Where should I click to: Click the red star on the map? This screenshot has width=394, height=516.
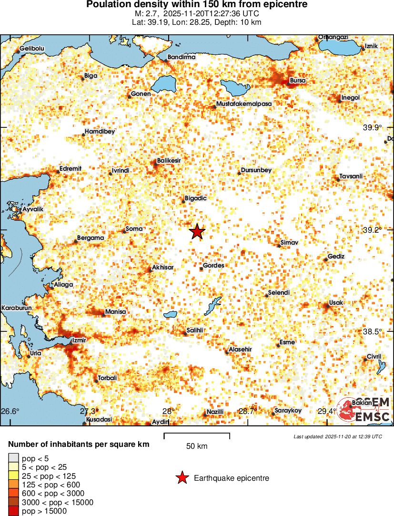click(x=197, y=232)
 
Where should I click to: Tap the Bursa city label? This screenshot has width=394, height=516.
click(x=298, y=81)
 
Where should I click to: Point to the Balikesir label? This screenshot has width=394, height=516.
click(x=169, y=162)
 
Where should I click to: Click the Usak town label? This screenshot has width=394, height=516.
click(x=336, y=303)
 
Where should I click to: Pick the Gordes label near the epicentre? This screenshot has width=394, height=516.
click(x=213, y=266)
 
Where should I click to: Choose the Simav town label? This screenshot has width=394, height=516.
click(x=289, y=243)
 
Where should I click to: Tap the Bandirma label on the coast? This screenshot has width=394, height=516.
click(x=182, y=57)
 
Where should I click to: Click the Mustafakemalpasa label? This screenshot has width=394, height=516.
click(x=244, y=103)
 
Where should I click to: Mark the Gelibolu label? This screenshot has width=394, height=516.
click(x=32, y=49)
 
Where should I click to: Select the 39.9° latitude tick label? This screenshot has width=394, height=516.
click(x=373, y=127)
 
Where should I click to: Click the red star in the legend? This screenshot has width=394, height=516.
click(x=182, y=478)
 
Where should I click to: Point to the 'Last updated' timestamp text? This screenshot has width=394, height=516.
click(x=338, y=436)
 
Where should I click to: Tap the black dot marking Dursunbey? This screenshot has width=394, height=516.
click(x=238, y=173)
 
